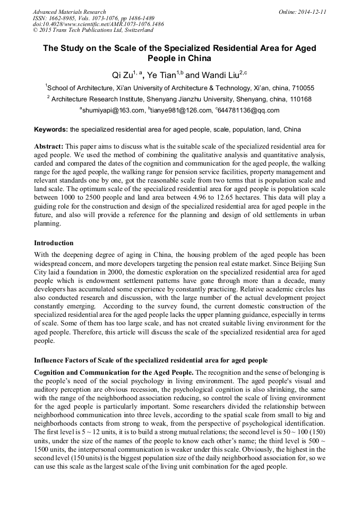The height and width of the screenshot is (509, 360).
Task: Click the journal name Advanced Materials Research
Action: [x=69, y=12]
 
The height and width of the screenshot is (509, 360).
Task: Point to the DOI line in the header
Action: [x=98, y=24]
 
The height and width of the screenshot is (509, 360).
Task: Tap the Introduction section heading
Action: [x=54, y=243]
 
